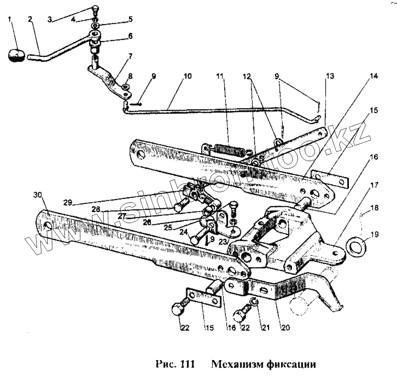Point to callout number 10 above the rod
188,76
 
